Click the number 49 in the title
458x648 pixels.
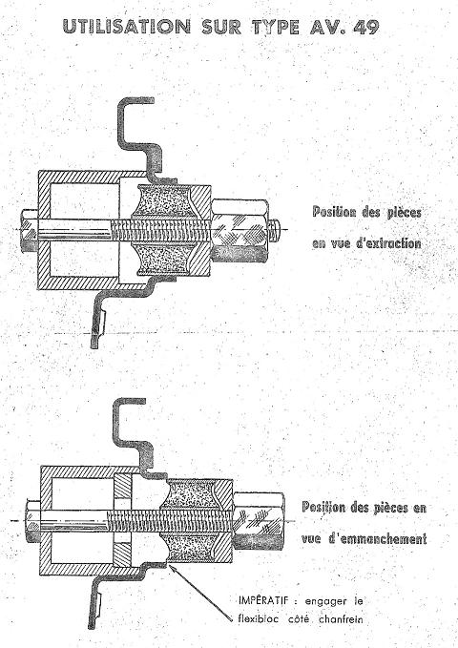366,28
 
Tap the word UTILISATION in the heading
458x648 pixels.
127,27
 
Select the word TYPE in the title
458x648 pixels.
276,28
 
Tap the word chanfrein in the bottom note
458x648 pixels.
341,619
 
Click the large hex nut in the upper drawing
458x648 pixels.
240,229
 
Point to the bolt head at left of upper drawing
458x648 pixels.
29,231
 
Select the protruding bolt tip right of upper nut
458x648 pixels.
276,228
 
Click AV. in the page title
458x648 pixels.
327,28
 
